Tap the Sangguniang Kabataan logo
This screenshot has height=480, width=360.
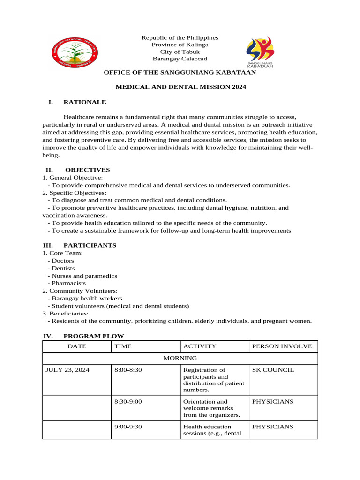(260, 52)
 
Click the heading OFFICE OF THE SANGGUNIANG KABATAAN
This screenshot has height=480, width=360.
(180, 73)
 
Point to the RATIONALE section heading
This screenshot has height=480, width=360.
(84, 102)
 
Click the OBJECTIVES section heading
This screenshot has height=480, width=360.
(87, 170)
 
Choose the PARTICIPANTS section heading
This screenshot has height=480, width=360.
(90, 245)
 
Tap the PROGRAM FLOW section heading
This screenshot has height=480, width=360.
(93, 336)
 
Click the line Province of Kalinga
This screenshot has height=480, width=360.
(180, 45)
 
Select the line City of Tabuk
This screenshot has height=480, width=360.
(180, 52)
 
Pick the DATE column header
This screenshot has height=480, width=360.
(77, 346)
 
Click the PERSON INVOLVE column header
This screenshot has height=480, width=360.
(282, 346)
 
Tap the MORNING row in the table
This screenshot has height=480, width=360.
(180, 358)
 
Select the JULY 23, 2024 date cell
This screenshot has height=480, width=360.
(67, 370)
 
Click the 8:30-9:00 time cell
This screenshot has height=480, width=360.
(128, 401)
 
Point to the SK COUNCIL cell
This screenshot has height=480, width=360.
(273, 370)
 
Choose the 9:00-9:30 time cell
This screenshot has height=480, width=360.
(128, 427)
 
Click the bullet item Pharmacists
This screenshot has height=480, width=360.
(68, 283)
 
